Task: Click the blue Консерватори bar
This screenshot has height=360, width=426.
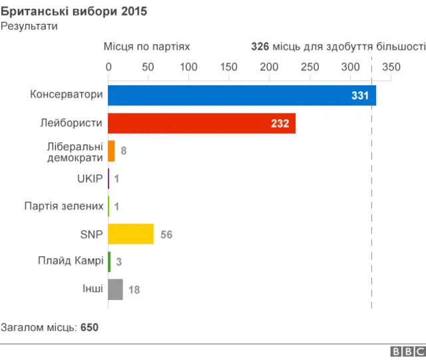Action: [242, 95]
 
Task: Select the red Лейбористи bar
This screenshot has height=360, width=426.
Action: [201, 123]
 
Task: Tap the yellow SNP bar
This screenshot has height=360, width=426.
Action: [130, 234]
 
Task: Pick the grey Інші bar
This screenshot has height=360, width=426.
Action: [115, 289]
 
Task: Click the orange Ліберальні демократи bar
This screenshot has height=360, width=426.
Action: [111, 151]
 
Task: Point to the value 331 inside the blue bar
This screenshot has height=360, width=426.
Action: [359, 96]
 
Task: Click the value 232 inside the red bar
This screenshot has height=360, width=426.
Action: [280, 124]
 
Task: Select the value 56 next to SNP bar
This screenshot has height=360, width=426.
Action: [166, 235]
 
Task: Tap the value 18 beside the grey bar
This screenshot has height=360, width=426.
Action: [133, 290]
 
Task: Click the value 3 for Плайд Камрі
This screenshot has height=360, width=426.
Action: [118, 262]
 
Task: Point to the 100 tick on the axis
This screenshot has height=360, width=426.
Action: [189, 67]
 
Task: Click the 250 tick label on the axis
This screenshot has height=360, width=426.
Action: [310, 67]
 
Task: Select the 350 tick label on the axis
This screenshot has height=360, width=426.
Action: [391, 67]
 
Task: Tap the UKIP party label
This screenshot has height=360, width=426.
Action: [90, 178]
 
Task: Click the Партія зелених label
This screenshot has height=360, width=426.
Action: [64, 206]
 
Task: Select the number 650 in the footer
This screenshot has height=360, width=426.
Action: [89, 327]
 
